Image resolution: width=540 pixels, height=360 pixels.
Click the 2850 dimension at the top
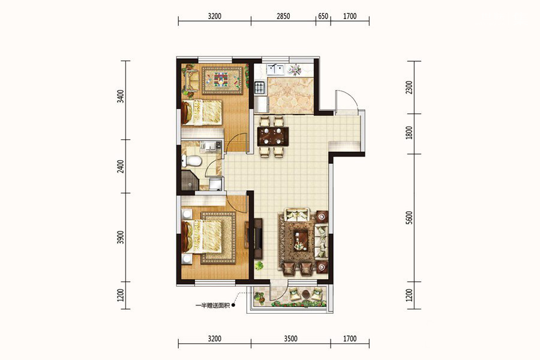tap(283, 16)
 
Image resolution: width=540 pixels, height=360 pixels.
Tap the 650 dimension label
tap(323, 16)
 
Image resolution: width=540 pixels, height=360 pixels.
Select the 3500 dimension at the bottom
tap(290, 339)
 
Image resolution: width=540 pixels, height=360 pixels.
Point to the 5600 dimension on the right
tap(409, 218)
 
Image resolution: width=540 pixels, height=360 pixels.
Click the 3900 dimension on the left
tap(120, 238)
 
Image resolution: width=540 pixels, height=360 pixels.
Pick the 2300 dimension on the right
tap(409, 88)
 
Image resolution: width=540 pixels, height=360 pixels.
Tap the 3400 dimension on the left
tap(120, 97)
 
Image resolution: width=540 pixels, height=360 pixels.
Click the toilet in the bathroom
tap(191, 161)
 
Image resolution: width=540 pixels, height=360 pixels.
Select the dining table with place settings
tap(273, 136)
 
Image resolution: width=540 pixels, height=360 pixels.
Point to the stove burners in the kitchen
tap(259, 88)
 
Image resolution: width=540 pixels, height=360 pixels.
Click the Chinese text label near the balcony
tap(212, 305)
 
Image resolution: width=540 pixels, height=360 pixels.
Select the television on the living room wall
tap(258, 238)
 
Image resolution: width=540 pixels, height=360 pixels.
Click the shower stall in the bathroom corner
tap(190, 181)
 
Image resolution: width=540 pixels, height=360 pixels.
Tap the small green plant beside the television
tap(259, 266)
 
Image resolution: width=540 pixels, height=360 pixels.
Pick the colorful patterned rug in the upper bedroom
tap(223, 80)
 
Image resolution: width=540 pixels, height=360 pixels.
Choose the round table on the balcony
tap(306, 295)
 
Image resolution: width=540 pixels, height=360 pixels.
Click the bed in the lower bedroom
tap(202, 236)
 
